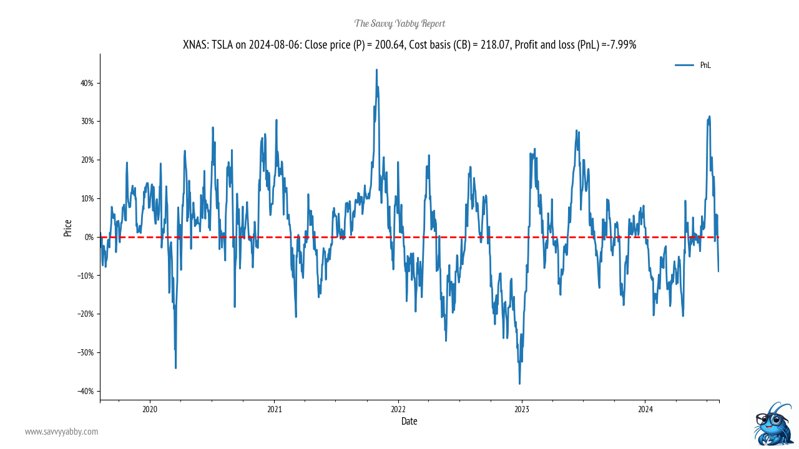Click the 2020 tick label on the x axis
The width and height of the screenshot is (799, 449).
pyautogui.click(x=150, y=409)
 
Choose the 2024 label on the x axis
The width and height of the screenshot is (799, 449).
pyautogui.click(x=645, y=409)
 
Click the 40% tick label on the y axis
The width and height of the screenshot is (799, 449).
pyautogui.click(x=86, y=83)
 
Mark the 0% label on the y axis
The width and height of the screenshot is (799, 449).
pyautogui.click(x=88, y=237)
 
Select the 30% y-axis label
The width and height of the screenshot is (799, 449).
pyautogui.click(x=86, y=122)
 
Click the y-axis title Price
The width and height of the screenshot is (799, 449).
pyautogui.click(x=67, y=228)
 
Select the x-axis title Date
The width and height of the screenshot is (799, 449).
pyautogui.click(x=409, y=422)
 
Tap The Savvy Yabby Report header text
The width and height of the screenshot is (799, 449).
pyautogui.click(x=399, y=24)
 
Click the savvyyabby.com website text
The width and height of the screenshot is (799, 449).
pyautogui.click(x=61, y=432)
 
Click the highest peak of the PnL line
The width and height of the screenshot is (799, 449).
pyautogui.click(x=376, y=70)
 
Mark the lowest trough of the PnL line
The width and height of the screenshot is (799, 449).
pyautogui.click(x=519, y=384)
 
